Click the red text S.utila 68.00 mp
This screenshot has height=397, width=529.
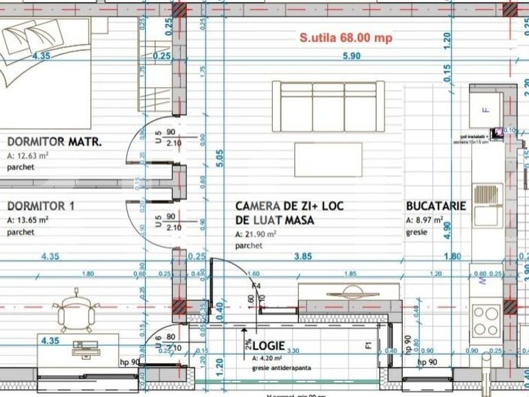346,38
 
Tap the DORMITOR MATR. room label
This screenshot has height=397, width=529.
54,142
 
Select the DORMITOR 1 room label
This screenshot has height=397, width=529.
41,206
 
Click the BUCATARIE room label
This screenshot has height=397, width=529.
436,206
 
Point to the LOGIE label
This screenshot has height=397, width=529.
269,345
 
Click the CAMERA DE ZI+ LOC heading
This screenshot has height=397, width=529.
289,206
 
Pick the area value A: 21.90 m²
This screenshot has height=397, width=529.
256,234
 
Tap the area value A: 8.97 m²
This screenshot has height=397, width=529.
424,220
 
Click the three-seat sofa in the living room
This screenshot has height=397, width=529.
328,107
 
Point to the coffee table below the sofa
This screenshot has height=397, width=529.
328,159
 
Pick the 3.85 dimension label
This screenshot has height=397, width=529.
303,256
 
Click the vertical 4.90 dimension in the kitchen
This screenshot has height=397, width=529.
447,230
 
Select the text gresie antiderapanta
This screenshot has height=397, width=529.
281,368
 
